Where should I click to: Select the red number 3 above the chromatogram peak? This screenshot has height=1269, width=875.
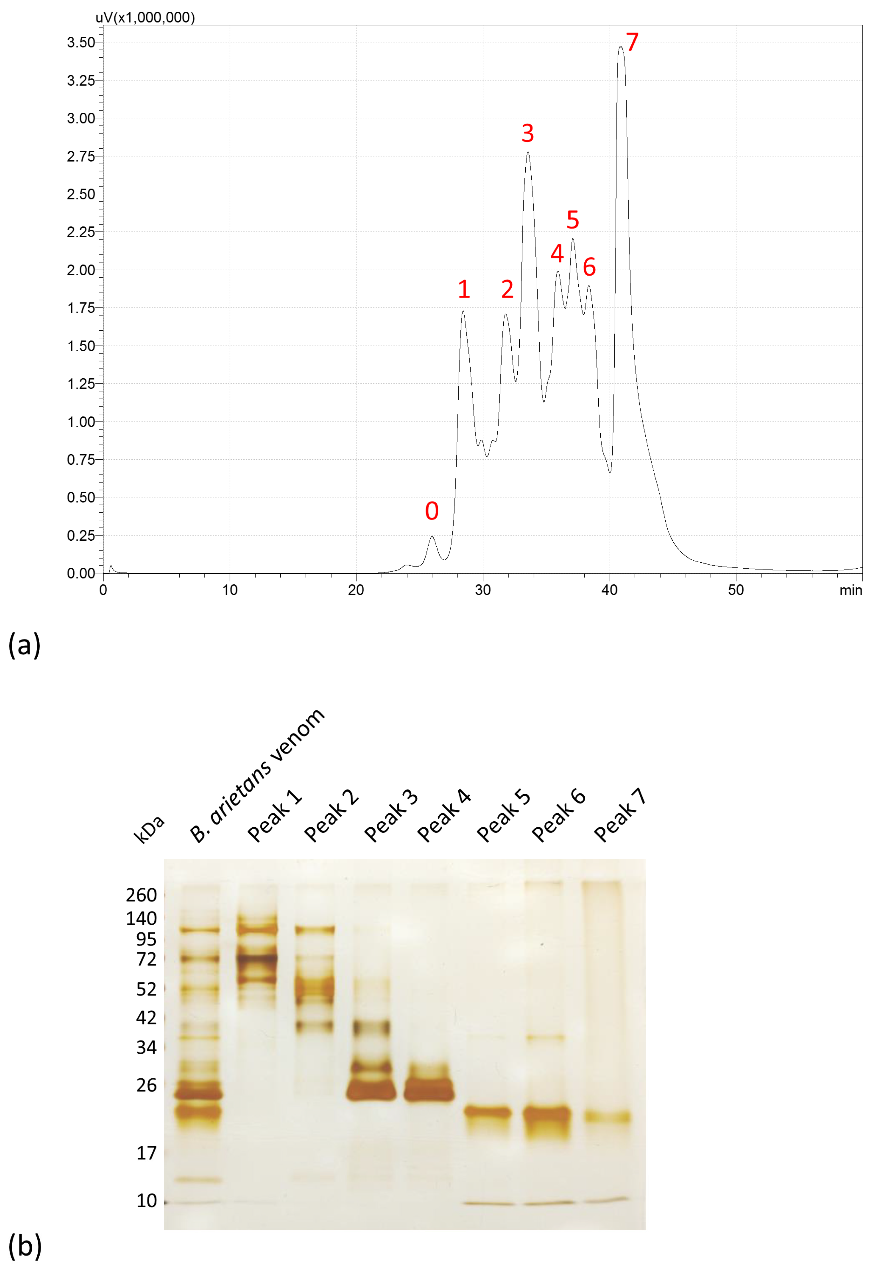527,133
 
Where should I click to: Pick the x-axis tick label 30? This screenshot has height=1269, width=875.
483,590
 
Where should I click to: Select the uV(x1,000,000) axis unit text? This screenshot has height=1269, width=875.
145,18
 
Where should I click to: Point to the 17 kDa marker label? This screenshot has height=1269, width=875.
146,1153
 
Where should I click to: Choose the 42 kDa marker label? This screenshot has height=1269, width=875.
146,1018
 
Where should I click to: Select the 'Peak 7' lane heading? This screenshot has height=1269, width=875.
620,815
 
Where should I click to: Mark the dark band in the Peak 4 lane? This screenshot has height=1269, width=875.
429,1091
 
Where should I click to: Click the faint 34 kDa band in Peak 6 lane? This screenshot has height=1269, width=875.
545,1038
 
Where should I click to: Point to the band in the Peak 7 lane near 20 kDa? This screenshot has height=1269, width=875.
607,1117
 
